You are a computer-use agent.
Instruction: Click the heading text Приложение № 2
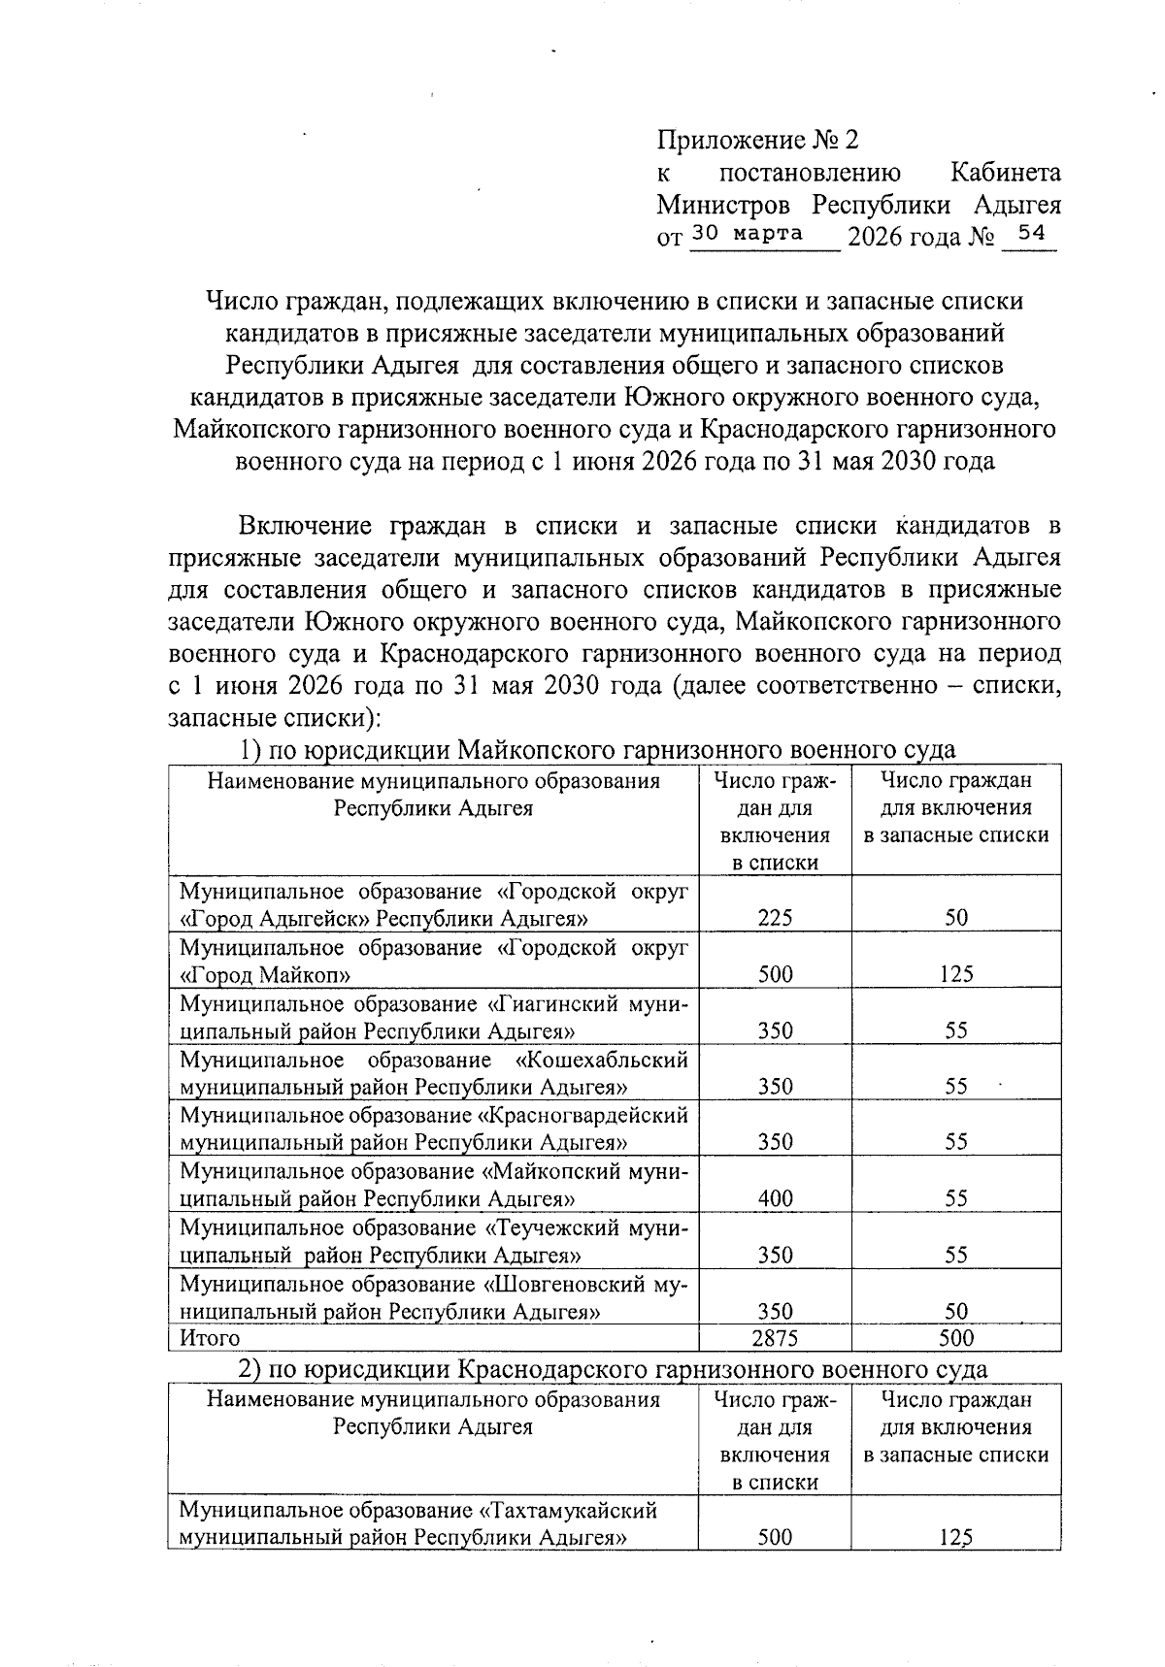coord(758,141)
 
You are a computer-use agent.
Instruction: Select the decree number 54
coord(1027,233)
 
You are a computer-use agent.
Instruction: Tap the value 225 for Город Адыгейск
coord(775,918)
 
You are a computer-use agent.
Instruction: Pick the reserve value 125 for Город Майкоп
coord(956,974)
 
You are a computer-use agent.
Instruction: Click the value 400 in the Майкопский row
coord(775,1199)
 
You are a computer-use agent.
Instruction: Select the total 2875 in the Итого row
coord(775,1338)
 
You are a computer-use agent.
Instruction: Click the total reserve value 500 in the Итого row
coord(956,1338)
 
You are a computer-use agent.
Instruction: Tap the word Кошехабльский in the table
coord(602,1059)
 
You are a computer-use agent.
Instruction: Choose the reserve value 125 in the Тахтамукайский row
coord(956,1538)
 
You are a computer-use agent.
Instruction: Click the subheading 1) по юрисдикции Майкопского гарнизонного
coord(597,750)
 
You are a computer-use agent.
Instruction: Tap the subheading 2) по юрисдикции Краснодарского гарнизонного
coord(614,1369)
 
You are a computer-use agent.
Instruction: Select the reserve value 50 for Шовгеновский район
coord(956,1312)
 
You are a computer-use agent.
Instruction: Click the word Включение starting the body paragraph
coord(306,526)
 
